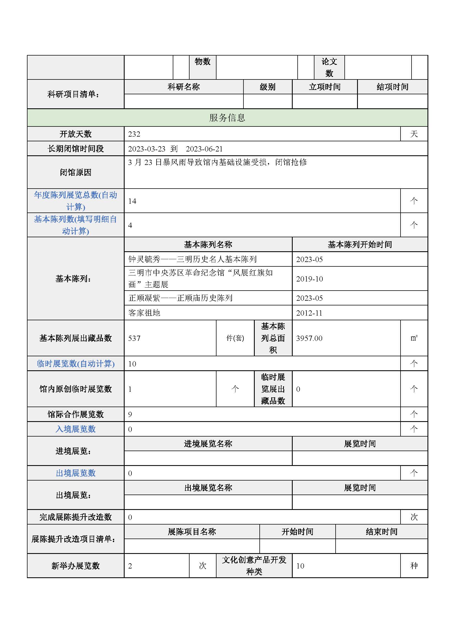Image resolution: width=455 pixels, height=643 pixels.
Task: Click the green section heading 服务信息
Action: (227, 118)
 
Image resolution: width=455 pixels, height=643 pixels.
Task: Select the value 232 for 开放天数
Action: (134, 134)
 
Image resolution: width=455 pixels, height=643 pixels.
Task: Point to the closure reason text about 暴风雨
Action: (217, 162)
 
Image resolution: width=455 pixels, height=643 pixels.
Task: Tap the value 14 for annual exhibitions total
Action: (132, 201)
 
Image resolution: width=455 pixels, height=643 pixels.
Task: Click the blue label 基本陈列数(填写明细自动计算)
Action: (75, 225)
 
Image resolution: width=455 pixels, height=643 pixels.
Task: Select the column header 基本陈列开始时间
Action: (360, 244)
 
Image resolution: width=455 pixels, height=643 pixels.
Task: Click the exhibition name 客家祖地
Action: (144, 313)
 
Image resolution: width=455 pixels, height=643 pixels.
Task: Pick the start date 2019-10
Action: (309, 279)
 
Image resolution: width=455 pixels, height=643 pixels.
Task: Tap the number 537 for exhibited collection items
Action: (134, 338)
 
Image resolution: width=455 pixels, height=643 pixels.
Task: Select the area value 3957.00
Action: (309, 338)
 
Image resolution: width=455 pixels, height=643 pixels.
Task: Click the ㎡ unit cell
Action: (414, 338)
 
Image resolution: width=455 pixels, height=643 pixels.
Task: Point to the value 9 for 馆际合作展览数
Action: (130, 415)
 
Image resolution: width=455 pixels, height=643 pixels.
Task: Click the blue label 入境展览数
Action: (76, 429)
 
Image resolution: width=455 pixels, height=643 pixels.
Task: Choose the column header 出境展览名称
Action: (208, 488)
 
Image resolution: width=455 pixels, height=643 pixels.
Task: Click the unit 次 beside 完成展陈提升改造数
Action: (414, 517)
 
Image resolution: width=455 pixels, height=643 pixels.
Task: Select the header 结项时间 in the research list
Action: (392, 87)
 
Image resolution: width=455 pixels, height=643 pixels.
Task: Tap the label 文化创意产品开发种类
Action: (254, 566)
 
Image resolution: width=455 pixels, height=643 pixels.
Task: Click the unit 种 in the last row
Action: (414, 566)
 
